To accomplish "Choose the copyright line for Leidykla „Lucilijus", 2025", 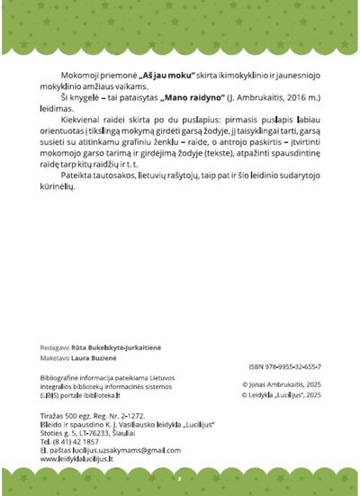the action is click(281, 394).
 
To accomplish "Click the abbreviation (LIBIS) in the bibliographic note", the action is click(51, 394).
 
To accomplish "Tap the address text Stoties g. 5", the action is click(58, 432).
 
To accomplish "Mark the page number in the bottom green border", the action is click(179, 479).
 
